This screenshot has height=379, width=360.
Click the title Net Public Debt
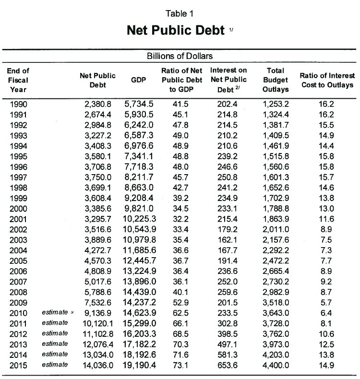(175, 30)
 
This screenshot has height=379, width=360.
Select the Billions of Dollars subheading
(180, 57)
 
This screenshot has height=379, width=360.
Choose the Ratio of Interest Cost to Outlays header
(327, 80)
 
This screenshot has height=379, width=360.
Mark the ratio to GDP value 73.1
(180, 365)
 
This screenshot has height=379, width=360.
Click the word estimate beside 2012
(55, 333)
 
